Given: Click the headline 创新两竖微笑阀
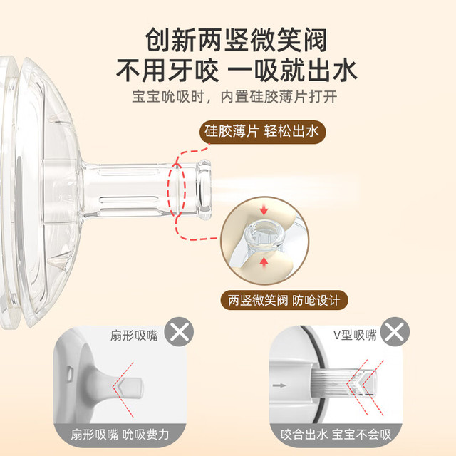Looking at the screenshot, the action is tap(236, 40).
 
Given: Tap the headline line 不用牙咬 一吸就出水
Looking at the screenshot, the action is tap(237, 71).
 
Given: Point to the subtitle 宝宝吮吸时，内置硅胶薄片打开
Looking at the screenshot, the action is tap(234, 97).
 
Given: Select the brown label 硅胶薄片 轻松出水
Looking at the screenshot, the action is tap(262, 132).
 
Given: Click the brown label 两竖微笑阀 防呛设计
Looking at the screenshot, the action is tap(284, 300).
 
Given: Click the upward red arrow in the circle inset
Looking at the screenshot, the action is tap(264, 262).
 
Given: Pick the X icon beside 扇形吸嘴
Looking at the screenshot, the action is tap(179, 331).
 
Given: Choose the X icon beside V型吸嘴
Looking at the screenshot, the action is tap(395, 331).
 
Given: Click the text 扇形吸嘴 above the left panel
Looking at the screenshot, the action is tap(134, 336).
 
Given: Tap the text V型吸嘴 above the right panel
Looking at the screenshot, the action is tap(355, 335).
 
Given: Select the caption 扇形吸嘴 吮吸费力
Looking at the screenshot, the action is tap(120, 435).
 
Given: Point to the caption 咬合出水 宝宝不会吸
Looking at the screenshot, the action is tap(336, 435).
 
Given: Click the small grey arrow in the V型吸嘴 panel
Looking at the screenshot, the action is tap(279, 385).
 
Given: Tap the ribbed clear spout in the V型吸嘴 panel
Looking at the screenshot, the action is tap(344, 383).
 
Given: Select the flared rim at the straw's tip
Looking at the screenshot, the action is tap(204, 189).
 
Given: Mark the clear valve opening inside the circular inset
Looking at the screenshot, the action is tap(264, 233).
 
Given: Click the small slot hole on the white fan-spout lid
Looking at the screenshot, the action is tap(70, 373).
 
